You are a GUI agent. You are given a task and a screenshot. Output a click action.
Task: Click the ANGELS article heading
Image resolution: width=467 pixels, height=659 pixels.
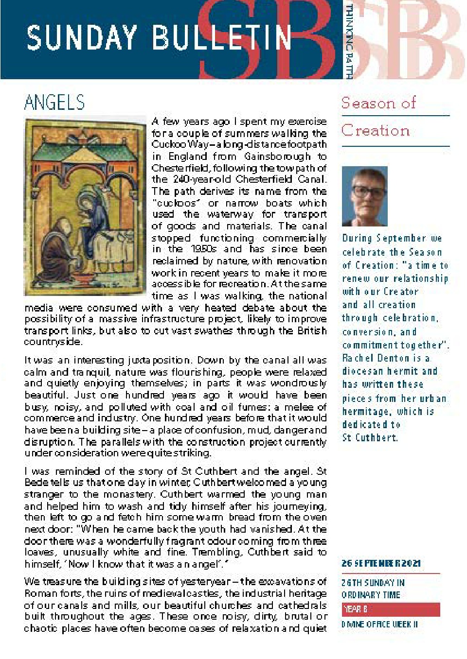(54, 103)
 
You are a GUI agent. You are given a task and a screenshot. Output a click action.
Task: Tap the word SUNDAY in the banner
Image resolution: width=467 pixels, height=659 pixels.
(82, 38)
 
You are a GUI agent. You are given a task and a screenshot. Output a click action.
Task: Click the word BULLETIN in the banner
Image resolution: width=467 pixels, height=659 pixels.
(221, 38)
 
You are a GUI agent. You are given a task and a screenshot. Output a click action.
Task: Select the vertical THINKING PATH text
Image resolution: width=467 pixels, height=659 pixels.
(348, 41)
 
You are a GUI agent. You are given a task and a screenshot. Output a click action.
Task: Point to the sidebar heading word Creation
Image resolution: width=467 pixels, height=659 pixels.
(376, 131)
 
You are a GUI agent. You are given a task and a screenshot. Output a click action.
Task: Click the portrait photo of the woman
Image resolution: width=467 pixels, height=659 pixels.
(364, 196)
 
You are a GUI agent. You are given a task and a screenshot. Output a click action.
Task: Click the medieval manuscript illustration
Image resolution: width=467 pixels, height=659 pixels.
(85, 207)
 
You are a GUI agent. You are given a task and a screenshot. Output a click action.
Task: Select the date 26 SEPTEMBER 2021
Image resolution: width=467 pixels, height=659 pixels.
(381, 563)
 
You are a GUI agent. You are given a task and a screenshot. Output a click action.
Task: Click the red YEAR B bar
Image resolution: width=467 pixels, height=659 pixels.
(391, 609)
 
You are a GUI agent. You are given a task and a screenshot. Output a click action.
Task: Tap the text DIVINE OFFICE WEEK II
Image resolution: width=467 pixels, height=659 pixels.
(379, 624)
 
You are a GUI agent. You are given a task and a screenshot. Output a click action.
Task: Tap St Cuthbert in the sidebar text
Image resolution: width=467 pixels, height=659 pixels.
(370, 437)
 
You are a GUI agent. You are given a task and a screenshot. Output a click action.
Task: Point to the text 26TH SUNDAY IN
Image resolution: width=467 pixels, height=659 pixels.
(373, 583)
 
